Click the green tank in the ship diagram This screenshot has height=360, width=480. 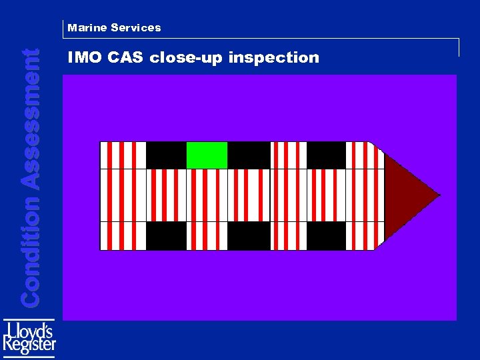(207, 155)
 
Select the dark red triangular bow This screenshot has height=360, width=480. (407, 195)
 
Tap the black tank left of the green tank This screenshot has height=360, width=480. (166, 155)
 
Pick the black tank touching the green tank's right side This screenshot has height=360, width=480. (249, 155)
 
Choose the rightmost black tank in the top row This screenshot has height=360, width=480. (326, 155)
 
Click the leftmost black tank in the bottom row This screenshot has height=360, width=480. (166, 235)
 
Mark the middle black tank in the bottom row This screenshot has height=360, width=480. (249, 235)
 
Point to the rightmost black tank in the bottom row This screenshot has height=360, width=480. (326, 235)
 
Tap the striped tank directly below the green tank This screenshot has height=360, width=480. (207, 195)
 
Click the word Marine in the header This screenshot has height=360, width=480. (87, 28)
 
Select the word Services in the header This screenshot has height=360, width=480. (136, 28)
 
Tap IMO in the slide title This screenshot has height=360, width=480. (83, 58)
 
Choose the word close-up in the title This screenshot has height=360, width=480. (187, 58)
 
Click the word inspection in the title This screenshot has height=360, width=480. (274, 58)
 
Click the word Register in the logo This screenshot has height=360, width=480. (29, 345)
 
